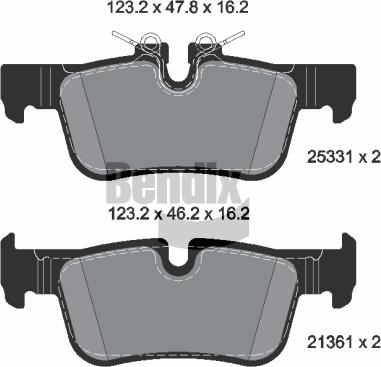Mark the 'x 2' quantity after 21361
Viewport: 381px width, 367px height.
[x=369, y=341]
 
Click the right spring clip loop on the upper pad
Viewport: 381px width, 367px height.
[x=208, y=42]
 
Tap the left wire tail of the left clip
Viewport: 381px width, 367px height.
[x=122, y=37]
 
